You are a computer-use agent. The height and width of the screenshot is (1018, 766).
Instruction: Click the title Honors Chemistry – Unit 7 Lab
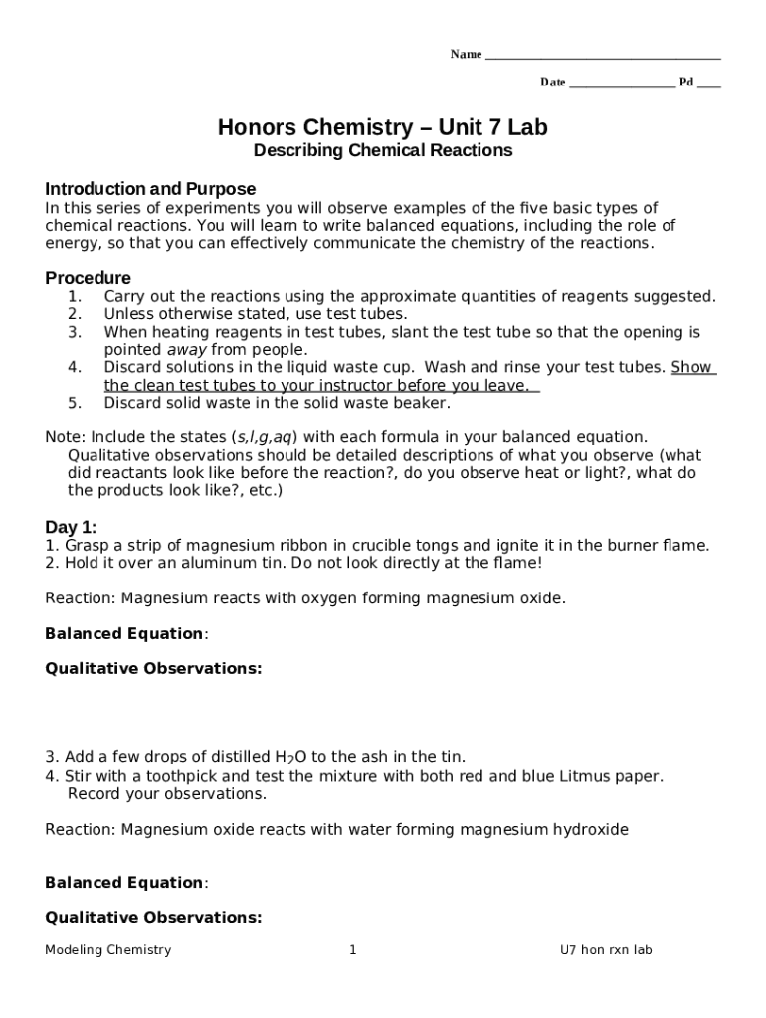pos(383,127)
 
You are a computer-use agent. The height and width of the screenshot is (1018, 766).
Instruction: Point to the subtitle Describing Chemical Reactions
pos(383,151)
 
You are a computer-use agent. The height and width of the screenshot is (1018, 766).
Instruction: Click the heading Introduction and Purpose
pos(150,189)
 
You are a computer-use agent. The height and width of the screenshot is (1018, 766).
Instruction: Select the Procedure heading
pos(88,278)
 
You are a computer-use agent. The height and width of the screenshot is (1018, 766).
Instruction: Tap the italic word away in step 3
pos(187,350)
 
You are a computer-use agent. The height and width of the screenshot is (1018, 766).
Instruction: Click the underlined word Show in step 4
pos(692,367)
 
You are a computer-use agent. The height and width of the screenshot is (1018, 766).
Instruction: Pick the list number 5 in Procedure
pos(75,403)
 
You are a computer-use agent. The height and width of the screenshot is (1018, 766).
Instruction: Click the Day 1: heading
pos(71,527)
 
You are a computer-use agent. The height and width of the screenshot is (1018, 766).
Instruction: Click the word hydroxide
pos(591,829)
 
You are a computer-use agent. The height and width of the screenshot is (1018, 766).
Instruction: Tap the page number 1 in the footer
pos(353,950)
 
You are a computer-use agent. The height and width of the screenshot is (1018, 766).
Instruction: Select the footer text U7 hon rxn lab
pos(605,950)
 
